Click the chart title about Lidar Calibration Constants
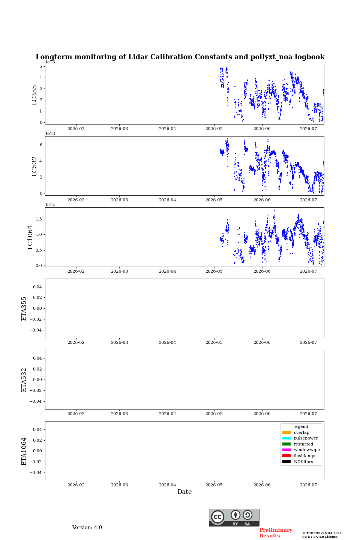coord(180,57)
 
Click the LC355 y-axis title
coord(34,95)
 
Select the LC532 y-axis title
coord(34,166)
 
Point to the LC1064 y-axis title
coord(30,237)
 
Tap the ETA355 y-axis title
coord(24,309)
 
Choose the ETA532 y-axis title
coord(24,380)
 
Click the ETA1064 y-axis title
coord(24,451)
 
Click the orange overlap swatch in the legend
coord(286,432)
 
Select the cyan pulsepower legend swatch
coord(286,438)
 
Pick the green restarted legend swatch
coord(286,444)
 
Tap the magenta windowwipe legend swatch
coord(286,450)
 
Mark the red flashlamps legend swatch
coord(286,456)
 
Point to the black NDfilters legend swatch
coord(286,462)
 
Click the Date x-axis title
coord(184,492)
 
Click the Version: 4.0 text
coord(87,528)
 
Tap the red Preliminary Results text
coord(276,533)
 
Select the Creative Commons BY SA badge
coord(234,517)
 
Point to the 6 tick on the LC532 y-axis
coord(41,145)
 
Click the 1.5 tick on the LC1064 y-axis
coord(39,219)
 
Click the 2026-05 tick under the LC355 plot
coord(214,129)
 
